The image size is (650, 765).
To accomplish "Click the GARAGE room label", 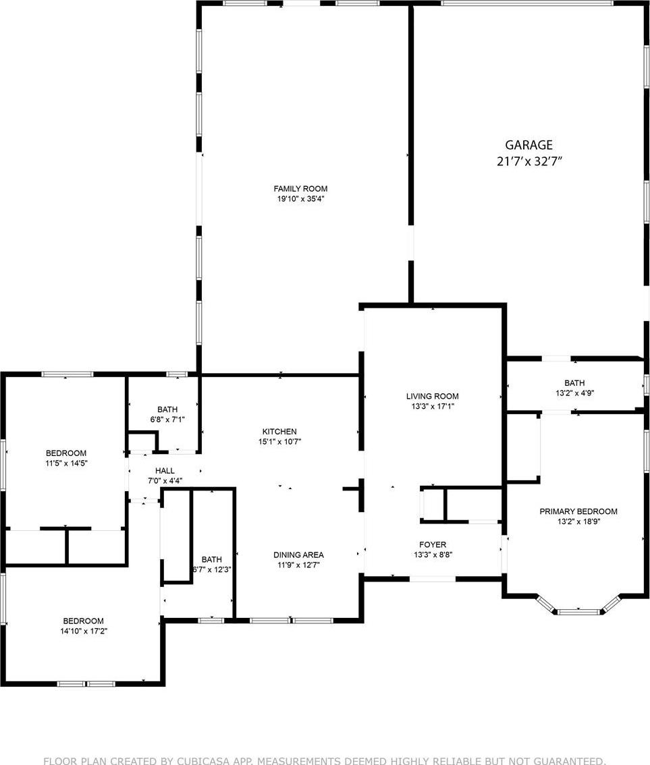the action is (529, 145).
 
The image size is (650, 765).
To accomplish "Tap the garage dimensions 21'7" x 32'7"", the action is (529, 161).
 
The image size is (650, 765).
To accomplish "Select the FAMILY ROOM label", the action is (300, 189).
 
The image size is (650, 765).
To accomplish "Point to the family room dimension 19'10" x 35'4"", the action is (300, 199).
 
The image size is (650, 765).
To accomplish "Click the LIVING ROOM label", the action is (433, 396).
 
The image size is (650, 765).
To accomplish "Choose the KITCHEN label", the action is (279, 431).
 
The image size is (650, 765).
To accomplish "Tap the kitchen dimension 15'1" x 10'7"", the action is (279, 442).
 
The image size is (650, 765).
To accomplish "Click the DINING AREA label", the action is (298, 555).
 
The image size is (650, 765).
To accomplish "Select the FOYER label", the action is (433, 544).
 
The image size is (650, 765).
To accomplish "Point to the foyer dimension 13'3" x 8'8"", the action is (433, 555).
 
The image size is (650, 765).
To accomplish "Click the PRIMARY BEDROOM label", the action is (578, 511).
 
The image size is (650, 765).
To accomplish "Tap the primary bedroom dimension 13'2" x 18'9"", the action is (578, 521).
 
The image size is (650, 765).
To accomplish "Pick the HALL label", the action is (165, 471).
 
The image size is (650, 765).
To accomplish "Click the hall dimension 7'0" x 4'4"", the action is (165, 480).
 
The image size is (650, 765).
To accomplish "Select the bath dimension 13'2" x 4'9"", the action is (575, 393).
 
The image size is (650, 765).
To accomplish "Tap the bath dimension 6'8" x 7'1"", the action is (167, 419).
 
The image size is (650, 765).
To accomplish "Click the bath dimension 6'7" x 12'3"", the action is (212, 569).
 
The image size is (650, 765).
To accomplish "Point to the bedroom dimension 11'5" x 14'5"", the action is (66, 463).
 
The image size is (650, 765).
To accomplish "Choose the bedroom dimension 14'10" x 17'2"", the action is (84, 631).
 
